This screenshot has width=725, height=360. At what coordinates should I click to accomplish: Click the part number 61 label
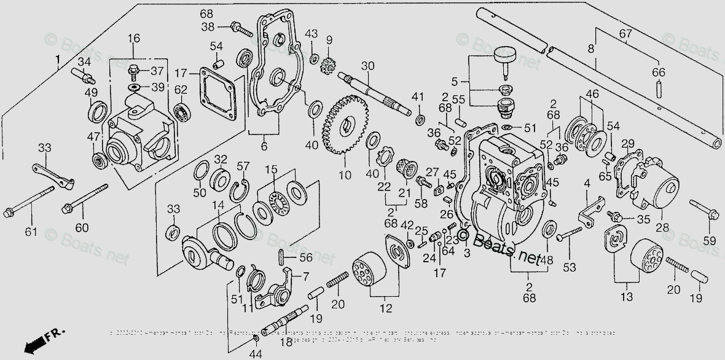pyautogui.click(x=31, y=232)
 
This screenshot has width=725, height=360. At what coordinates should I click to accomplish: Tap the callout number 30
pyautogui.click(x=367, y=66)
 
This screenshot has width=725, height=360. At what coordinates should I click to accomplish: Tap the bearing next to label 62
pyautogui.click(x=181, y=111)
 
